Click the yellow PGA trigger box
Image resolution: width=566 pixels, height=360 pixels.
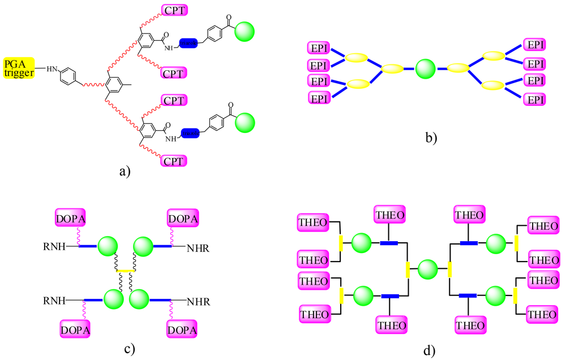[19, 68]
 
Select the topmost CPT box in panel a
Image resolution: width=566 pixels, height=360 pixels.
[175, 10]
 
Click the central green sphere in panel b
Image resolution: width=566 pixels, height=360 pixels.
[425, 70]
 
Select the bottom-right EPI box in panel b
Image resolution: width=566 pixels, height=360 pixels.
[534, 100]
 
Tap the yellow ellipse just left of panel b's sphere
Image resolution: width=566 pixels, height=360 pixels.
[392, 70]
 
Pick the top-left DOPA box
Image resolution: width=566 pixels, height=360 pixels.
[70, 217]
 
